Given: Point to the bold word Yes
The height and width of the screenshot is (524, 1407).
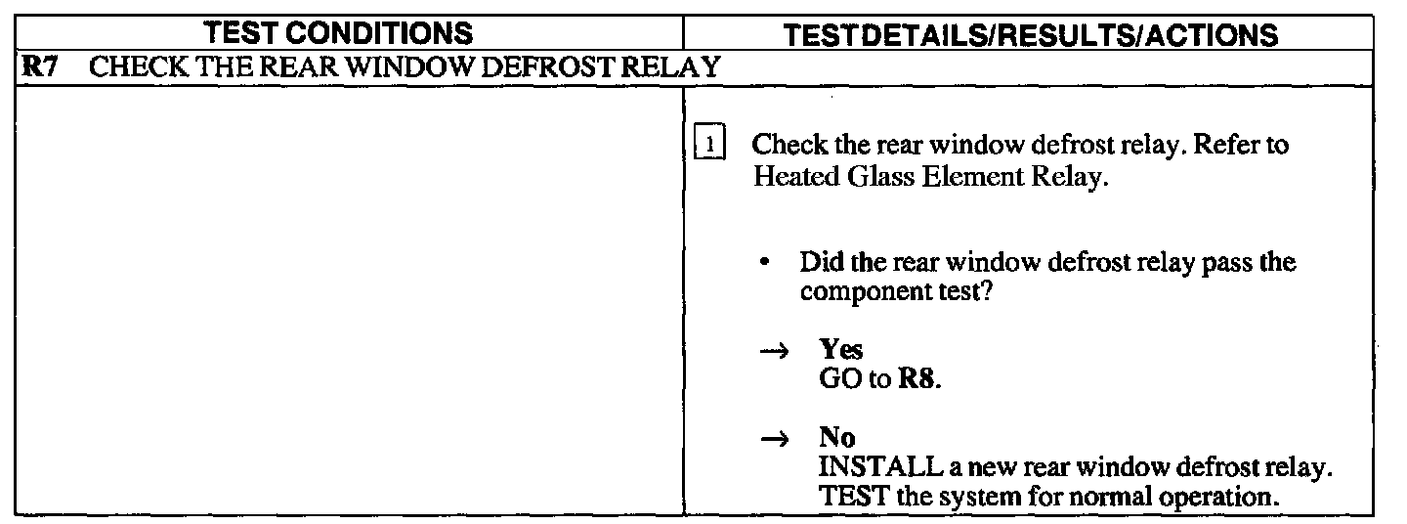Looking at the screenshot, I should point(840,351).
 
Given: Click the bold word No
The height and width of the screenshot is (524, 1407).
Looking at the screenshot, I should point(836,439).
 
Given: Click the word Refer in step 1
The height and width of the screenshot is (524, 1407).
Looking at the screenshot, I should point(1225,147).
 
